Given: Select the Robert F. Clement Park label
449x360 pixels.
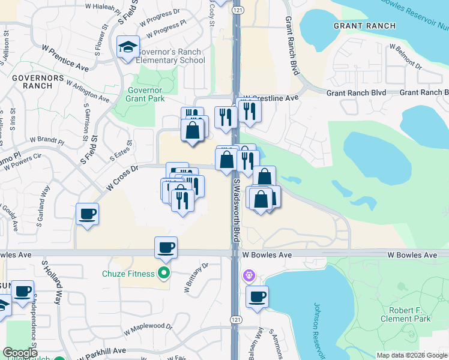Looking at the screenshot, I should coord(406,315).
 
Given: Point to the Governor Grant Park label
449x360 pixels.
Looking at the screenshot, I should coord(142,95).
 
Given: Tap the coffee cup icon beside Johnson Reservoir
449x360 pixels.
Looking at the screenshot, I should coord(258,296).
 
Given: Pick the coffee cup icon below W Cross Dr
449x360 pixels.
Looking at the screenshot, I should coord(88,214).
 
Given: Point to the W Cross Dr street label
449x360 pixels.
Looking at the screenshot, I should coord(122,178).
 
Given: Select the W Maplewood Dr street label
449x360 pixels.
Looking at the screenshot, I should coord(148,329).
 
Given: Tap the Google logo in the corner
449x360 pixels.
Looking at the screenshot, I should coord(20,353).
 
